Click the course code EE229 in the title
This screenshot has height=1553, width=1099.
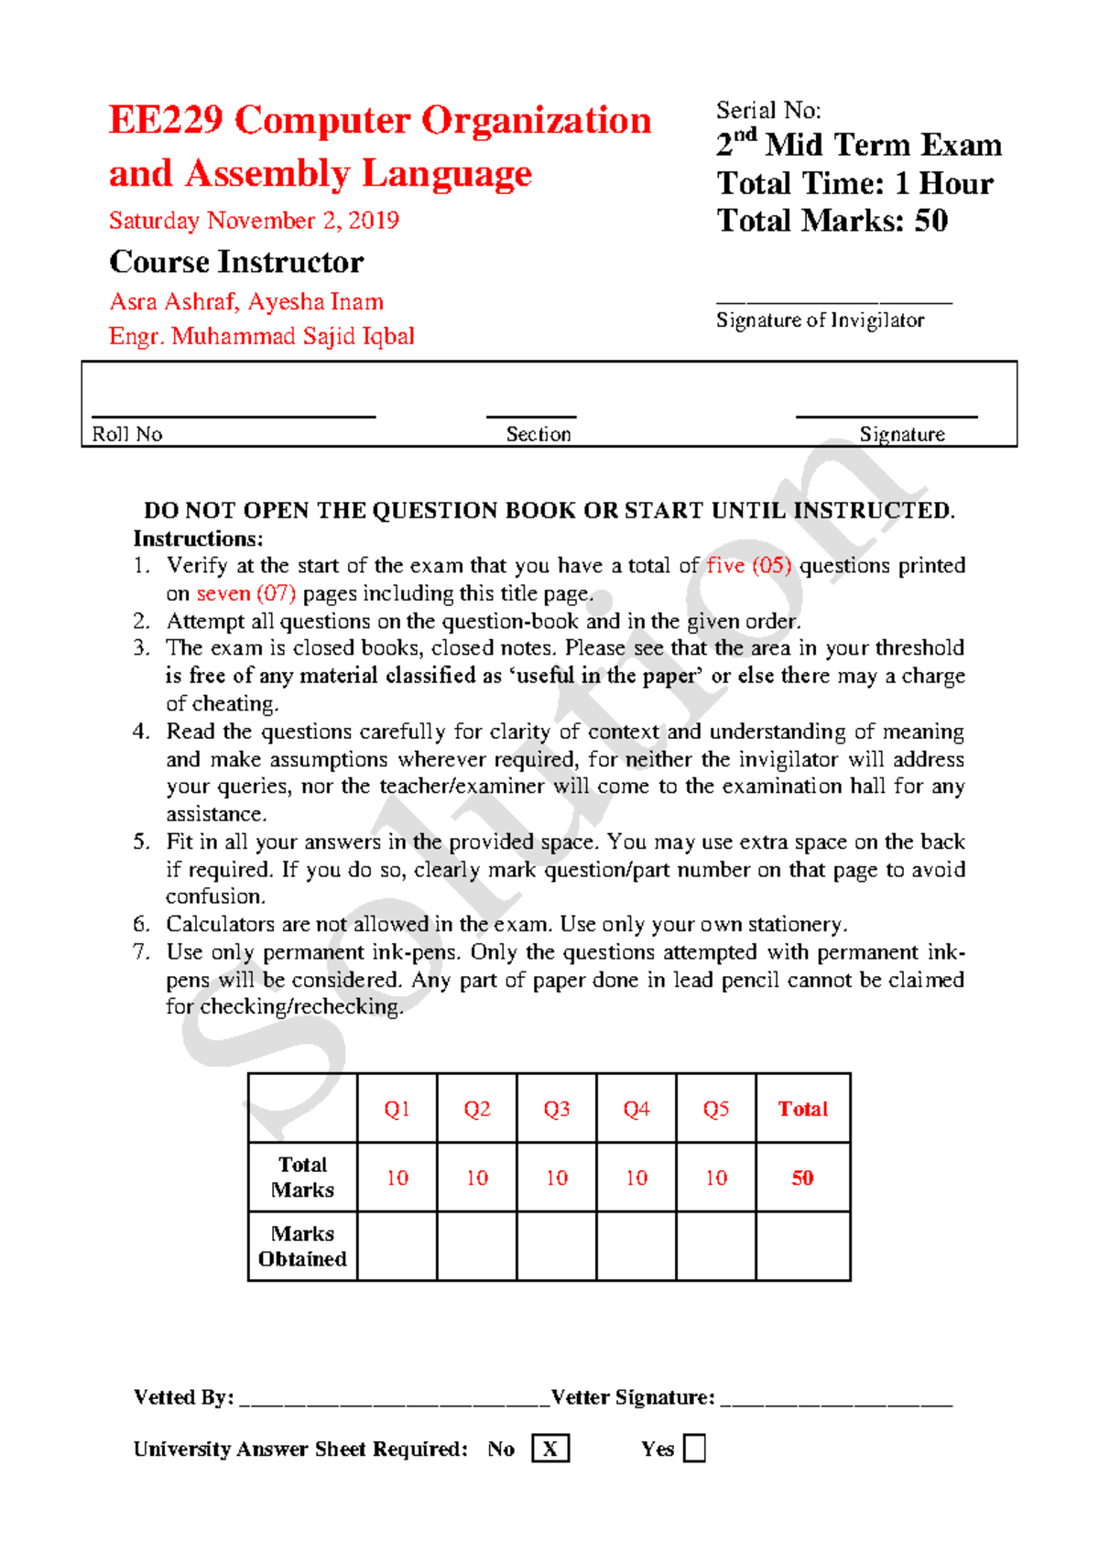166,121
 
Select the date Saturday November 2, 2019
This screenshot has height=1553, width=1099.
254,221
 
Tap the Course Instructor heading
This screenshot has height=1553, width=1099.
236,263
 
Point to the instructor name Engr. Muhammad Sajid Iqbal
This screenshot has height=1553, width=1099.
261,336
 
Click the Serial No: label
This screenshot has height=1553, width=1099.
767,111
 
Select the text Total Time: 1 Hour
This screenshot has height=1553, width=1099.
854,183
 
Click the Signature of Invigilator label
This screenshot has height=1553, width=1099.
820,320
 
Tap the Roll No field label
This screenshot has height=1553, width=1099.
127,434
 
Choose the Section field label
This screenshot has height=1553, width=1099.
539,434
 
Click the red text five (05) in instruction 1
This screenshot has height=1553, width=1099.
748,566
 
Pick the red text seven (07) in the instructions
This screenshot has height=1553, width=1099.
245,593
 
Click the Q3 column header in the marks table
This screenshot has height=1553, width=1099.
556,1109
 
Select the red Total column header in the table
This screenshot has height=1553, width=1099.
802,1109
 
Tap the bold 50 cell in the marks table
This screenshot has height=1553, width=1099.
802,1178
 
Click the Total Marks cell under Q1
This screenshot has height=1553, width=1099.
397,1178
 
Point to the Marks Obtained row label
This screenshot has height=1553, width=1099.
302,1246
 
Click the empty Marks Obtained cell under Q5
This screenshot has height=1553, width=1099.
715,1246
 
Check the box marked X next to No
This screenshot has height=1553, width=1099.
549,1449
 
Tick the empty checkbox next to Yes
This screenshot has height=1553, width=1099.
694,1449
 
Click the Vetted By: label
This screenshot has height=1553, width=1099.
183,1397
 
